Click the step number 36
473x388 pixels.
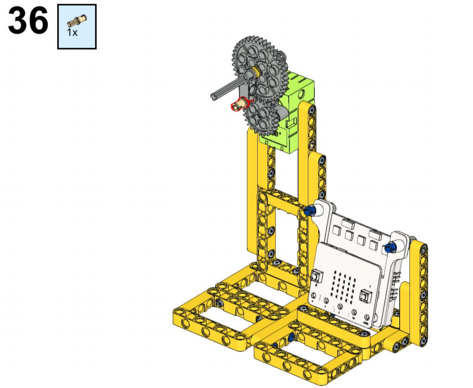click(28, 21)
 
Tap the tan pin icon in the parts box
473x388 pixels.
click(77, 21)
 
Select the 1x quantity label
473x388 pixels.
click(72, 32)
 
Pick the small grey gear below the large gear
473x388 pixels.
click(262, 117)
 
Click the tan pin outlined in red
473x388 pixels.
click(239, 105)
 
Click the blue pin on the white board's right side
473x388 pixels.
click(391, 248)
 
